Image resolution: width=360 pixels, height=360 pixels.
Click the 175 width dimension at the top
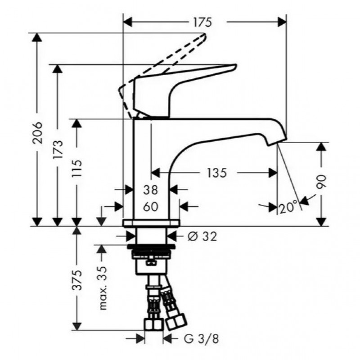(202, 22)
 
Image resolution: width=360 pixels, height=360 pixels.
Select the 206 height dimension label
(37, 133)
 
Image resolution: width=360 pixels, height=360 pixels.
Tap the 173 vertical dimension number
(58, 149)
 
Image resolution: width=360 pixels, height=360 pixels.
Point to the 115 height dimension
(76, 168)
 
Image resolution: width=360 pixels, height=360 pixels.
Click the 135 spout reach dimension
(217, 173)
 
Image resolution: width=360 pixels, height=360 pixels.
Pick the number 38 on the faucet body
(151, 190)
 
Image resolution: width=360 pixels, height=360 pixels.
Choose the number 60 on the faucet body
(151, 207)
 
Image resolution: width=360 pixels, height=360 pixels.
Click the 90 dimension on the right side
(321, 182)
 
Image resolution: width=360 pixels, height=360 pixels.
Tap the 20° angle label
(288, 207)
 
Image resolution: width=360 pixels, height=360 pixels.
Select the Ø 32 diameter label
(202, 237)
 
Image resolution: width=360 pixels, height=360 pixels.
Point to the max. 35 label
(103, 288)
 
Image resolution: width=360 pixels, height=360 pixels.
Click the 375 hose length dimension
(76, 280)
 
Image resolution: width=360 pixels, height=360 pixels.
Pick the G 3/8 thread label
(201, 339)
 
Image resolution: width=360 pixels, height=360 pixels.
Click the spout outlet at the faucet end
(278, 142)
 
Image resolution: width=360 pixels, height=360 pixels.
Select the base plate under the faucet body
(152, 223)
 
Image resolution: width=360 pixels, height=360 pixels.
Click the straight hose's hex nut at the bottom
(154, 324)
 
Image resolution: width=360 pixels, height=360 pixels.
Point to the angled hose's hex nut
(176, 322)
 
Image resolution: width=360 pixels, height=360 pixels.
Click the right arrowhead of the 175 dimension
(282, 22)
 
